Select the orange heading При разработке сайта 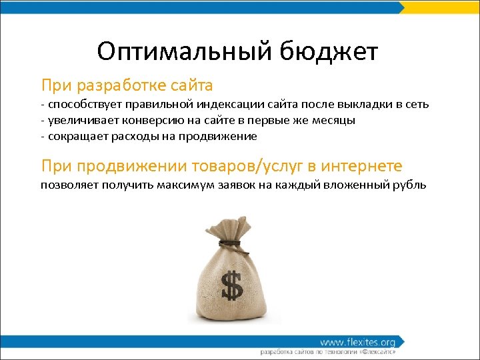tap(127, 85)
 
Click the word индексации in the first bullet tap(231, 105)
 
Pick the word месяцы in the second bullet tap(331, 121)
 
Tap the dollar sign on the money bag tap(232, 285)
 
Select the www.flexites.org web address tap(357, 342)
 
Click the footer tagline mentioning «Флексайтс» tap(328, 351)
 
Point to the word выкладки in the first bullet tap(362, 105)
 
